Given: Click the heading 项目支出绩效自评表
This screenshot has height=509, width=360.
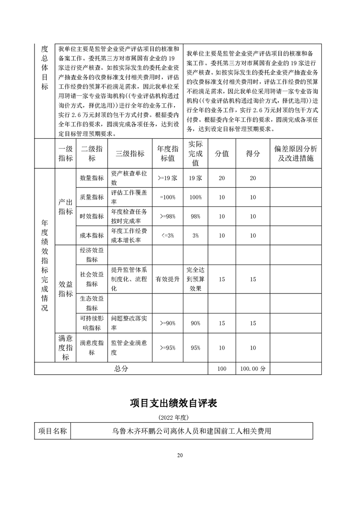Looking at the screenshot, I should pyautogui.click(x=180, y=403).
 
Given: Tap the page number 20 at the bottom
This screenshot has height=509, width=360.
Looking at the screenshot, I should pyautogui.click(x=180, y=455).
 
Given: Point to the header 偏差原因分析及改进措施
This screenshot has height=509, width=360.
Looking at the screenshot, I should pyautogui.click(x=296, y=154).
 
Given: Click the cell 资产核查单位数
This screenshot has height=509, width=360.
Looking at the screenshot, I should pyautogui.click(x=129, y=178).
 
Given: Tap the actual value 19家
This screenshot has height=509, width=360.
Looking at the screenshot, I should pyautogui.click(x=195, y=178).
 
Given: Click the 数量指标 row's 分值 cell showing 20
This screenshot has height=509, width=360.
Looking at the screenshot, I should pyautogui.click(x=221, y=178).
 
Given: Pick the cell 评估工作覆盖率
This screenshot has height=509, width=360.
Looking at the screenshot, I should pyautogui.click(x=129, y=197).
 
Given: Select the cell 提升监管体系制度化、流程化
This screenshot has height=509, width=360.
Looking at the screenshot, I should pyautogui.click(x=129, y=278).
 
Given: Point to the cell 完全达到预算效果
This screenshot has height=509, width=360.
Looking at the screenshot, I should pyautogui.click(x=195, y=278).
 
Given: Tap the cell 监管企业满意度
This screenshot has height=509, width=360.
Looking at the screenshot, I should pyautogui.click(x=129, y=347).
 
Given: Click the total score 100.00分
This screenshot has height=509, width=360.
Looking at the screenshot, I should pyautogui.click(x=253, y=369).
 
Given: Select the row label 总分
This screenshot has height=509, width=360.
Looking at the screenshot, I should pyautogui.click(x=121, y=369).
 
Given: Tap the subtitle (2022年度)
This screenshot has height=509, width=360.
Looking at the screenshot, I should pyautogui.click(x=180, y=416).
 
